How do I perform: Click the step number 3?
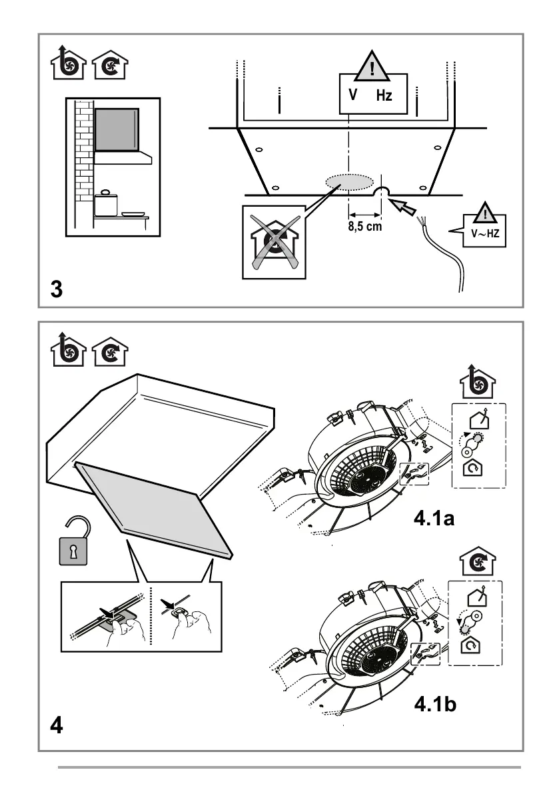[x=57, y=290]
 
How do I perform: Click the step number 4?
[x=57, y=725]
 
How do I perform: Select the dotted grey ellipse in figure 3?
[x=349, y=182]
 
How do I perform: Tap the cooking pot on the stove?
[x=105, y=204]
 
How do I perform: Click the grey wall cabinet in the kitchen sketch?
[x=117, y=129]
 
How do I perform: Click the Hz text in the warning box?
[x=384, y=96]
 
